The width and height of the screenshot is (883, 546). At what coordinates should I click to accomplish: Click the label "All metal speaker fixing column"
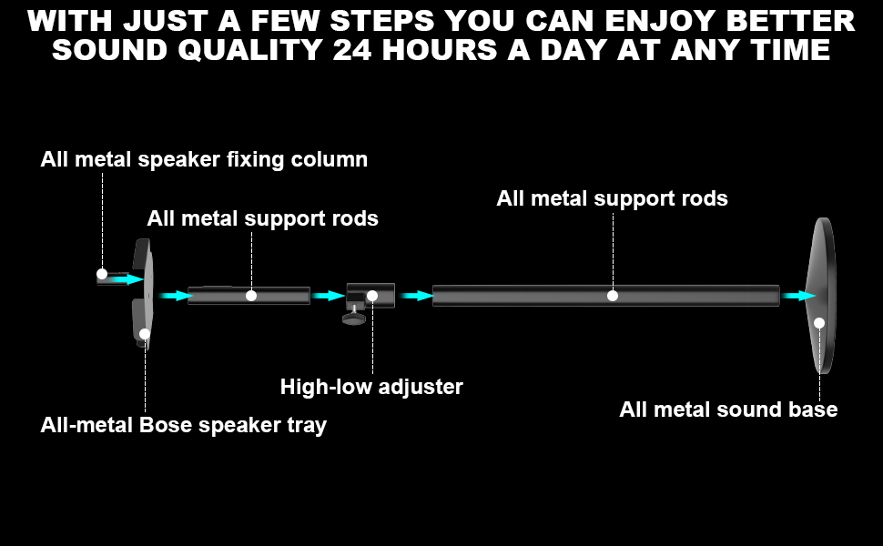(x=204, y=160)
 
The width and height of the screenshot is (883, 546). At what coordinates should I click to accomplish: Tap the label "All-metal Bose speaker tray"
(x=183, y=425)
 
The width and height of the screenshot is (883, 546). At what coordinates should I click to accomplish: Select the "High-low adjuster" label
(x=371, y=387)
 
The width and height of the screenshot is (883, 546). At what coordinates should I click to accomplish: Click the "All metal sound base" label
(x=728, y=409)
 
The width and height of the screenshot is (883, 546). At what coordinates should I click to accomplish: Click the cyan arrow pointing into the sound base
(x=797, y=296)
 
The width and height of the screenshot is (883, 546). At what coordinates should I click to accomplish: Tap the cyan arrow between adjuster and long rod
(x=414, y=296)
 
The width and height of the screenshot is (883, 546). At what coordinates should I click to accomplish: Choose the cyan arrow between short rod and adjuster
(x=328, y=296)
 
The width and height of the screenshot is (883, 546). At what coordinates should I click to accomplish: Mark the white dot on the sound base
(x=819, y=323)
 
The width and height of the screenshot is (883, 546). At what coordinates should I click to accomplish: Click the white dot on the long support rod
(x=613, y=296)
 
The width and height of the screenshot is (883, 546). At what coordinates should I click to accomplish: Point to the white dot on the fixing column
(x=102, y=274)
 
